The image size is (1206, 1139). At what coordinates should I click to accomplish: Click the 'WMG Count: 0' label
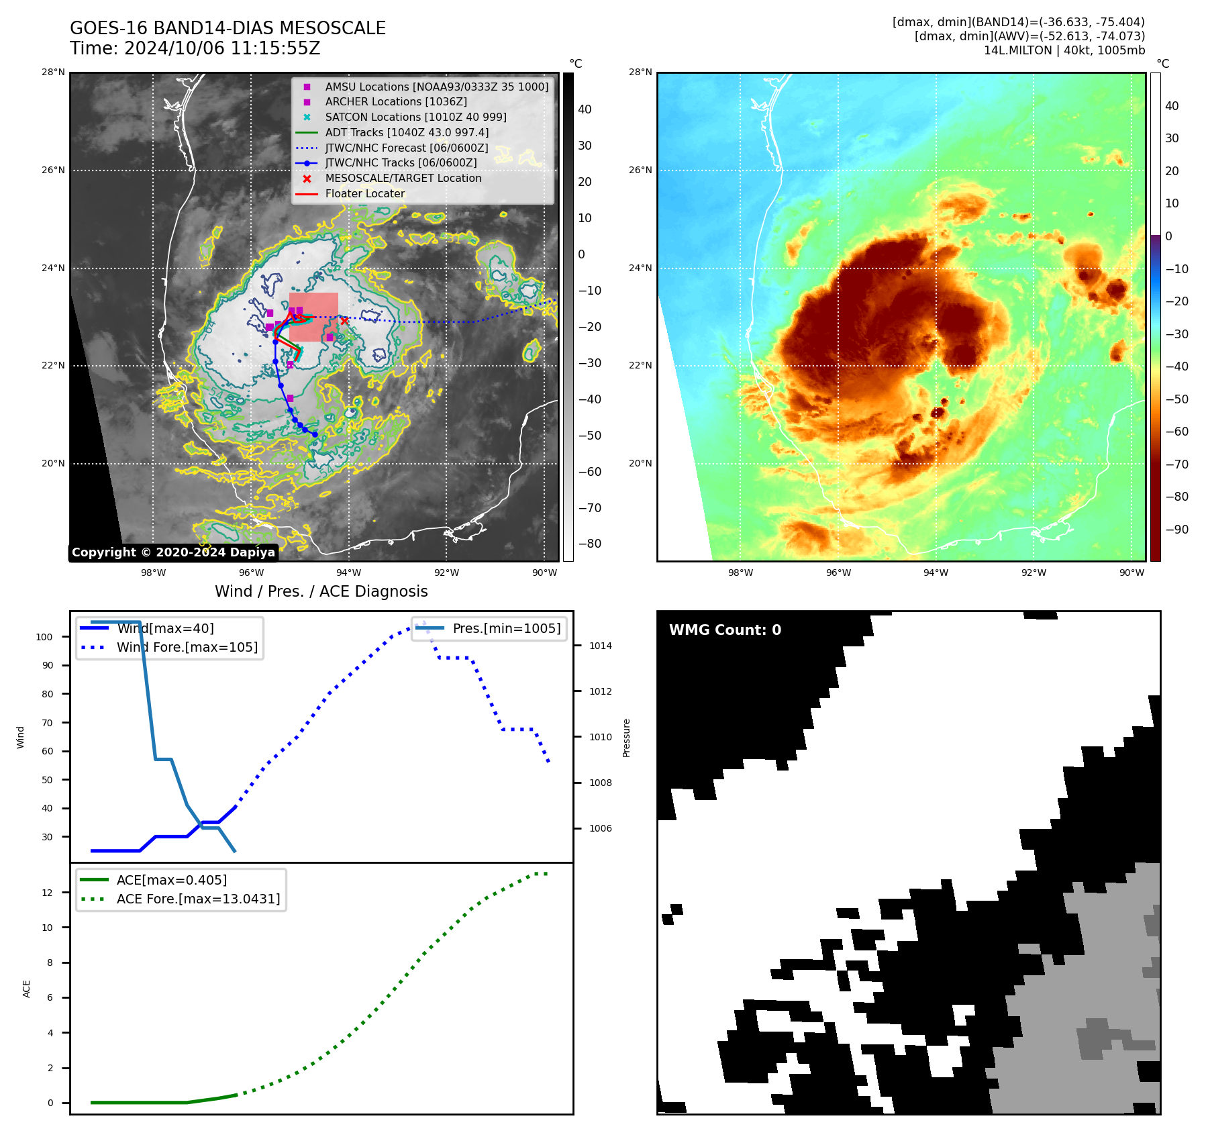pos(725,630)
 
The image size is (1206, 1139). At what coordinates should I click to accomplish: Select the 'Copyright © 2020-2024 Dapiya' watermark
pos(173,552)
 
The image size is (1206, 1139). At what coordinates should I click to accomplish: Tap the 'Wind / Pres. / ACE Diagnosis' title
pos(321,591)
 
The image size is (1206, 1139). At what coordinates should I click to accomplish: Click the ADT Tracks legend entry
pos(407,133)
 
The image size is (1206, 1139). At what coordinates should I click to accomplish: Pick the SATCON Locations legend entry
pos(415,117)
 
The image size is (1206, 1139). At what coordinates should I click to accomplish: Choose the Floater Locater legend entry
pos(364,194)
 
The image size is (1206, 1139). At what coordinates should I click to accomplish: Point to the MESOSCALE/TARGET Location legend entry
pos(403,179)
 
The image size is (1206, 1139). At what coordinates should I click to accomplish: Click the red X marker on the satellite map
pos(344,321)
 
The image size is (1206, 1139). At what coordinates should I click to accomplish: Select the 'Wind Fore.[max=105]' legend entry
pos(187,648)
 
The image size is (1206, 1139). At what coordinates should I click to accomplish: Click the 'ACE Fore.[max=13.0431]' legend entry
pos(198,899)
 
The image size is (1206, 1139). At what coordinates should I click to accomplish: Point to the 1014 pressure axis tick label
pos(601,646)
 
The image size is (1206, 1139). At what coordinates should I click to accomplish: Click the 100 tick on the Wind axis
pos(44,637)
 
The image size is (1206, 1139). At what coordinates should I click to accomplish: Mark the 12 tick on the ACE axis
pos(47,893)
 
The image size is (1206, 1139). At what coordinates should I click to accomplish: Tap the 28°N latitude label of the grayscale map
pos(53,72)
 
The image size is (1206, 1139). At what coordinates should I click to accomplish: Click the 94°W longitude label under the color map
pos(936,573)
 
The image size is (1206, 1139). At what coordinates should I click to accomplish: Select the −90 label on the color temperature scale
pos(1176,530)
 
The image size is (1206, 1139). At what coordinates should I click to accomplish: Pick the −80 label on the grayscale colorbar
pos(590,544)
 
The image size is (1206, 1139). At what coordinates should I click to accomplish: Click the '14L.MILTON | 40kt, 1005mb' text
pos(1064,50)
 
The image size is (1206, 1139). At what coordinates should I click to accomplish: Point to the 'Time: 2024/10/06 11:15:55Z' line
pos(195,49)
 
